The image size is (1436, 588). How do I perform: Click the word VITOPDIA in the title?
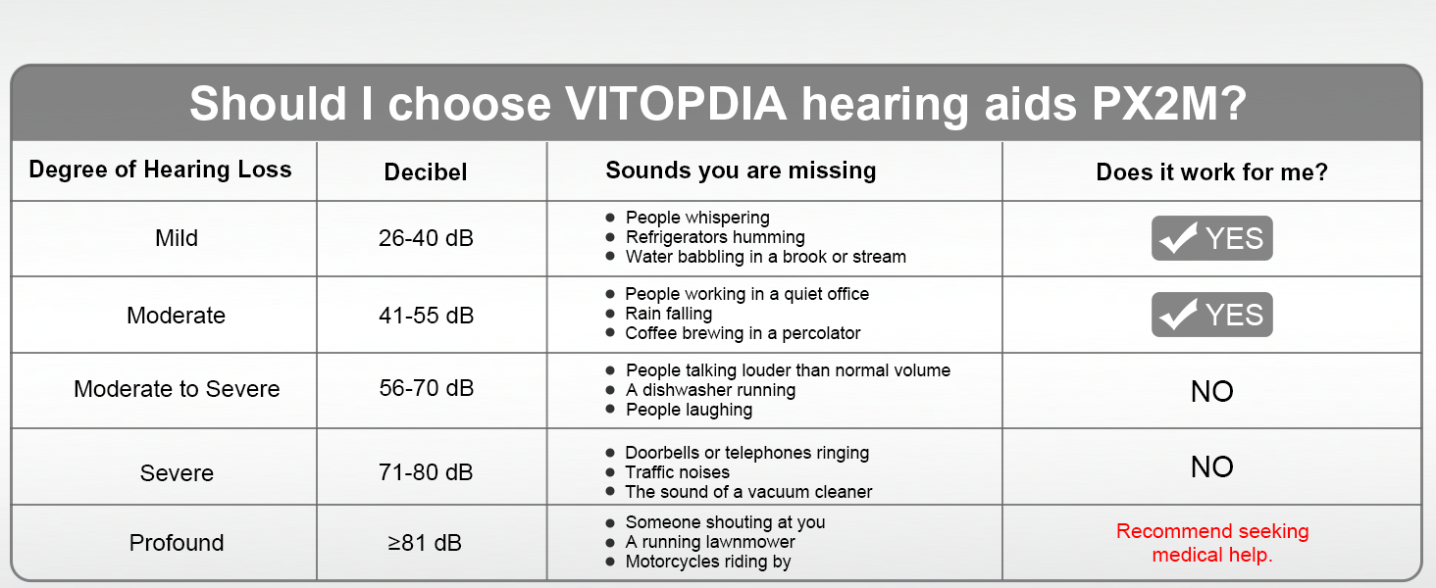[x=675, y=103]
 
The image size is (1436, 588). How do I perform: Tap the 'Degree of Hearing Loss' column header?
[x=160, y=170]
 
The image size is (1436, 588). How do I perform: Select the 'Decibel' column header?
[x=426, y=171]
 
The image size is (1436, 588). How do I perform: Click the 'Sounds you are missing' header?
[x=741, y=171]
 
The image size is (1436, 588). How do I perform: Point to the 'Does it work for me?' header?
[x=1211, y=171]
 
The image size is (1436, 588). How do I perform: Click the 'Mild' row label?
[x=177, y=238]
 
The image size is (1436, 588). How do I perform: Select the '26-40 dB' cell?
[x=426, y=238]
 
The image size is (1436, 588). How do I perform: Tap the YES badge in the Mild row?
[x=1211, y=238]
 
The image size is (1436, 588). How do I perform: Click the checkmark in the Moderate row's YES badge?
[x=1178, y=314]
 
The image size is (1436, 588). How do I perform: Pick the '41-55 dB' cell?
[x=426, y=316]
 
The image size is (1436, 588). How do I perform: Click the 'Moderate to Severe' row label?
[x=177, y=389]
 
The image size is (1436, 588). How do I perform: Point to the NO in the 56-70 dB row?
[x=1211, y=391]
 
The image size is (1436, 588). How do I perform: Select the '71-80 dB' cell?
[x=426, y=472]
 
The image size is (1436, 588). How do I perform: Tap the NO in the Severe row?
[x=1211, y=466]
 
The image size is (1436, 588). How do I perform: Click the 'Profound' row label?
[x=177, y=543]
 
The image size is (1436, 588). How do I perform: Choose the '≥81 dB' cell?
[x=425, y=543]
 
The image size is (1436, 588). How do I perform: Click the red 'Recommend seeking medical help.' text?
[x=1212, y=543]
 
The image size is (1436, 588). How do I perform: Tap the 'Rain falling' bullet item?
[x=659, y=314]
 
